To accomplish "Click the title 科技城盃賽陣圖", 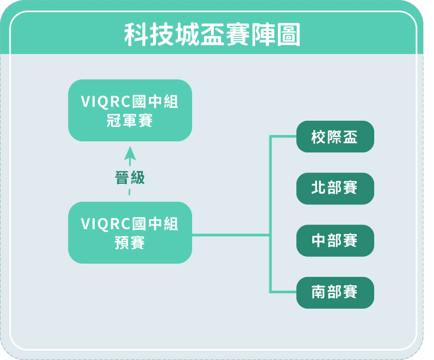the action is coord(212,34).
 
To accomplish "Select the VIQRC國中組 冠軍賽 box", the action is coord(130,110).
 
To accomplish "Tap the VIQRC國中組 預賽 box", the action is coord(130,232).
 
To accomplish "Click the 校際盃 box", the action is coord(335,137).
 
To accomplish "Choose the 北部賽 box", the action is coord(335,188).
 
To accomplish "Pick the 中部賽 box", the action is coord(335,240).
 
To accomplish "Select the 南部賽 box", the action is coord(335,292).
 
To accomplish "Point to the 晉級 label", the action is coord(130,177).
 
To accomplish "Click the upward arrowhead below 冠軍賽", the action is coord(130,153).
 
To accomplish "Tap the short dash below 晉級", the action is coord(129,192).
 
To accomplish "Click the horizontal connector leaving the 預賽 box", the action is coord(231,235).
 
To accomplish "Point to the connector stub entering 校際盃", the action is coord(283,136).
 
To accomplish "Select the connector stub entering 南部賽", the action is coord(283,292).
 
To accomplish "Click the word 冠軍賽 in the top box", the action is coord(130,121).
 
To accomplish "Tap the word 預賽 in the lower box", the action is coord(130,243).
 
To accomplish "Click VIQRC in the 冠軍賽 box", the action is coord(106,102).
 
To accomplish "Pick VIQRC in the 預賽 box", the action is coord(106,224).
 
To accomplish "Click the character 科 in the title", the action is coord(136,34).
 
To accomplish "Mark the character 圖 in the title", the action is coord(288,34).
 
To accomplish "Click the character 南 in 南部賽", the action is coord(319,292).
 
